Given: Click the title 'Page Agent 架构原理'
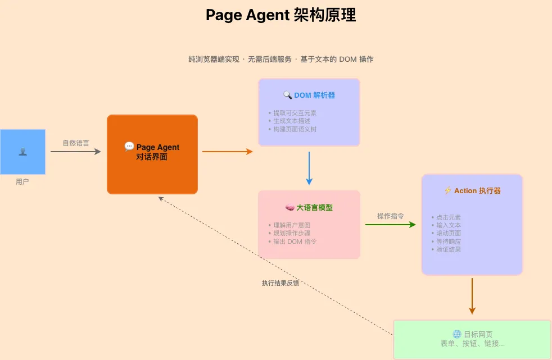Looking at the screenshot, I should click(x=280, y=15).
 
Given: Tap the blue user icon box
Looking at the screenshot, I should click(x=22, y=152).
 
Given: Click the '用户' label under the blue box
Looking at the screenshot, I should click(x=22, y=182).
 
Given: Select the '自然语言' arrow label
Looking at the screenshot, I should click(x=76, y=143).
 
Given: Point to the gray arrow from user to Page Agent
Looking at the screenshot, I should click(x=75, y=152).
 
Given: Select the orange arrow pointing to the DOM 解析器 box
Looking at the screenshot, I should click(x=227, y=152).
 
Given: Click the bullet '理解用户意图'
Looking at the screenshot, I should click(x=291, y=225).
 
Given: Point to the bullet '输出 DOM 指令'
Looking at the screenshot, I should click(x=295, y=241).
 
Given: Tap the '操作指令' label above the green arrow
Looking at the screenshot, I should click(x=390, y=216).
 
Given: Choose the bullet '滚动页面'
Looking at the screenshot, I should click(x=448, y=233).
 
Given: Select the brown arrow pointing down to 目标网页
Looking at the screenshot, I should click(x=472, y=295).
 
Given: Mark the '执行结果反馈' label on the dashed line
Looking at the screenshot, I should click(x=280, y=283).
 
